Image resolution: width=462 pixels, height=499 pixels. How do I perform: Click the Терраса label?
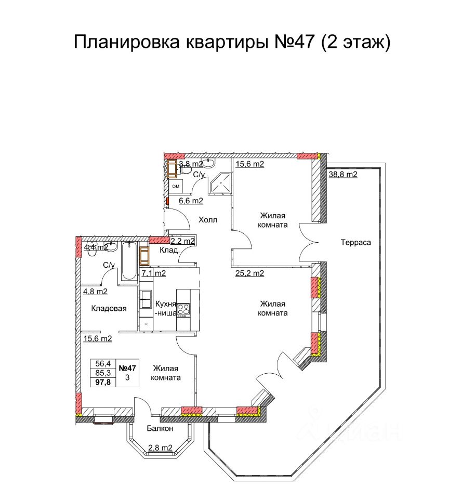356,243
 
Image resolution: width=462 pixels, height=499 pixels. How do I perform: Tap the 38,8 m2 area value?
343,175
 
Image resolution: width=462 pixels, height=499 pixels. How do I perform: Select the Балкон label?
160,428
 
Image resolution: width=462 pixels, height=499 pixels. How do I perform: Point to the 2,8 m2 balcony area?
161,448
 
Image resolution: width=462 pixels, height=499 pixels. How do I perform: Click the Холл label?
208,219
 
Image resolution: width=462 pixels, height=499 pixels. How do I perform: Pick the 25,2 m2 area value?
250,273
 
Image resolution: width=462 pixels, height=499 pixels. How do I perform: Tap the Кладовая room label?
109,308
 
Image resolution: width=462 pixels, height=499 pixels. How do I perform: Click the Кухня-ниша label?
166,308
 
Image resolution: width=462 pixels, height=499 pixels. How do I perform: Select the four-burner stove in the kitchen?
183,310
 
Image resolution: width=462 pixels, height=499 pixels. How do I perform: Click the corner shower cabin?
220,183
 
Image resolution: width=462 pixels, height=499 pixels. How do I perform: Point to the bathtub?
129,260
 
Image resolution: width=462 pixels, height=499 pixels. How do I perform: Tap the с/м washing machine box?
175,186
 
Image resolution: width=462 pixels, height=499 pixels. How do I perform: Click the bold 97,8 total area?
103,382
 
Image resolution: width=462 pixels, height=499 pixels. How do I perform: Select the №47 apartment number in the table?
127,368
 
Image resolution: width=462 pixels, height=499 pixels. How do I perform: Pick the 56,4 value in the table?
103,363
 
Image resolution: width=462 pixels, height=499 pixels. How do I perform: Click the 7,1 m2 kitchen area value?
154,273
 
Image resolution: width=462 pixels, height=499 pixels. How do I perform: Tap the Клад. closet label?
169,250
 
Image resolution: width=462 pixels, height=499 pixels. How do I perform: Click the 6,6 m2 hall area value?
191,201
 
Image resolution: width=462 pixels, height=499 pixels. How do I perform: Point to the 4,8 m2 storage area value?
96,292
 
